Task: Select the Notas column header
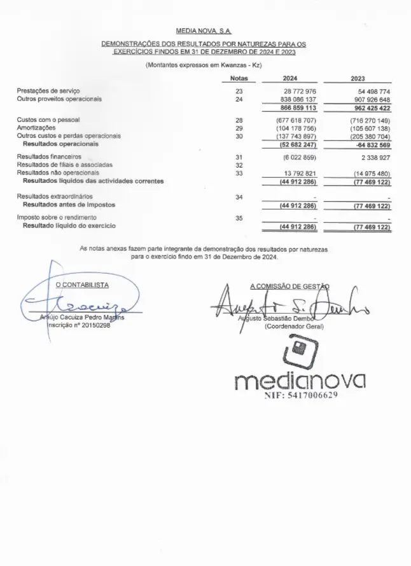(235, 79)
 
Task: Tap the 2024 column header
(289, 79)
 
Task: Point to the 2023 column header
(358, 79)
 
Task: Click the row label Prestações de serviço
(48, 91)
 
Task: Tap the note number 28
(239, 120)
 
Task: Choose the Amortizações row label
(36, 128)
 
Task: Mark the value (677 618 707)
(296, 120)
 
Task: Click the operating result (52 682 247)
(296, 144)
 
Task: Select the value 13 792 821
(298, 173)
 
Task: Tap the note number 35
(239, 218)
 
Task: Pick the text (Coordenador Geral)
(294, 326)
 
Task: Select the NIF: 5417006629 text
(300, 394)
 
